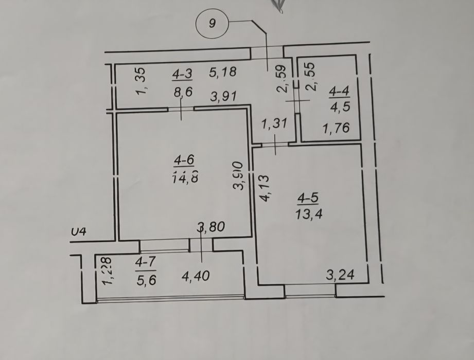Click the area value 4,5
[339, 108]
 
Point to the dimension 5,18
[222, 73]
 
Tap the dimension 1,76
[336, 128]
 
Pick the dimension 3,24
[341, 275]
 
